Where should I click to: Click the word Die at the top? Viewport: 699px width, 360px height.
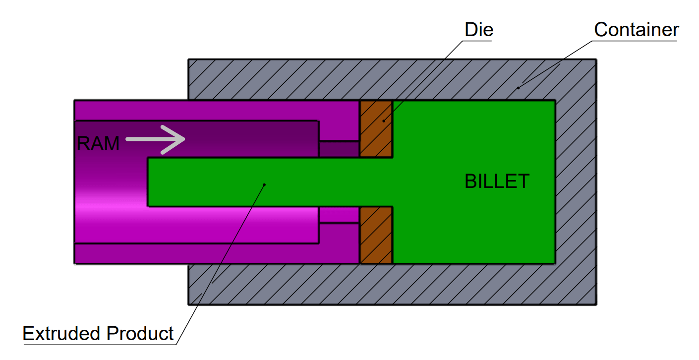click(x=478, y=30)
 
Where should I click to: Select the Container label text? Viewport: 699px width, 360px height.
click(x=636, y=30)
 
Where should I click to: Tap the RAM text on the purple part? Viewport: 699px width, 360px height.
click(x=98, y=144)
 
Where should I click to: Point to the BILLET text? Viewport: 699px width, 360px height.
click(x=497, y=181)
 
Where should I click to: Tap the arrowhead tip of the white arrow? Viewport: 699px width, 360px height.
click(x=184, y=139)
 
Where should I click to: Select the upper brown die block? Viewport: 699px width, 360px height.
click(x=376, y=129)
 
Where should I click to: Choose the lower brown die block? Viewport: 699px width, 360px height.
click(x=376, y=235)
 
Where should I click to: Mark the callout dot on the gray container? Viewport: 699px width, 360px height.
click(x=519, y=88)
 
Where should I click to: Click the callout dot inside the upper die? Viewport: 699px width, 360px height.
click(x=383, y=120)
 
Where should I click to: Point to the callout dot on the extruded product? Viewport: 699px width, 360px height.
click(x=264, y=184)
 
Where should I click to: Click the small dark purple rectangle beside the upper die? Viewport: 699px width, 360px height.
click(x=339, y=149)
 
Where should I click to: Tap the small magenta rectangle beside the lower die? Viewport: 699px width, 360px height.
click(x=339, y=214)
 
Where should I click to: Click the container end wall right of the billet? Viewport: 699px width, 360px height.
click(x=575, y=182)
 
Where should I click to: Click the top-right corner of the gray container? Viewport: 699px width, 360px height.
click(x=595, y=60)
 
